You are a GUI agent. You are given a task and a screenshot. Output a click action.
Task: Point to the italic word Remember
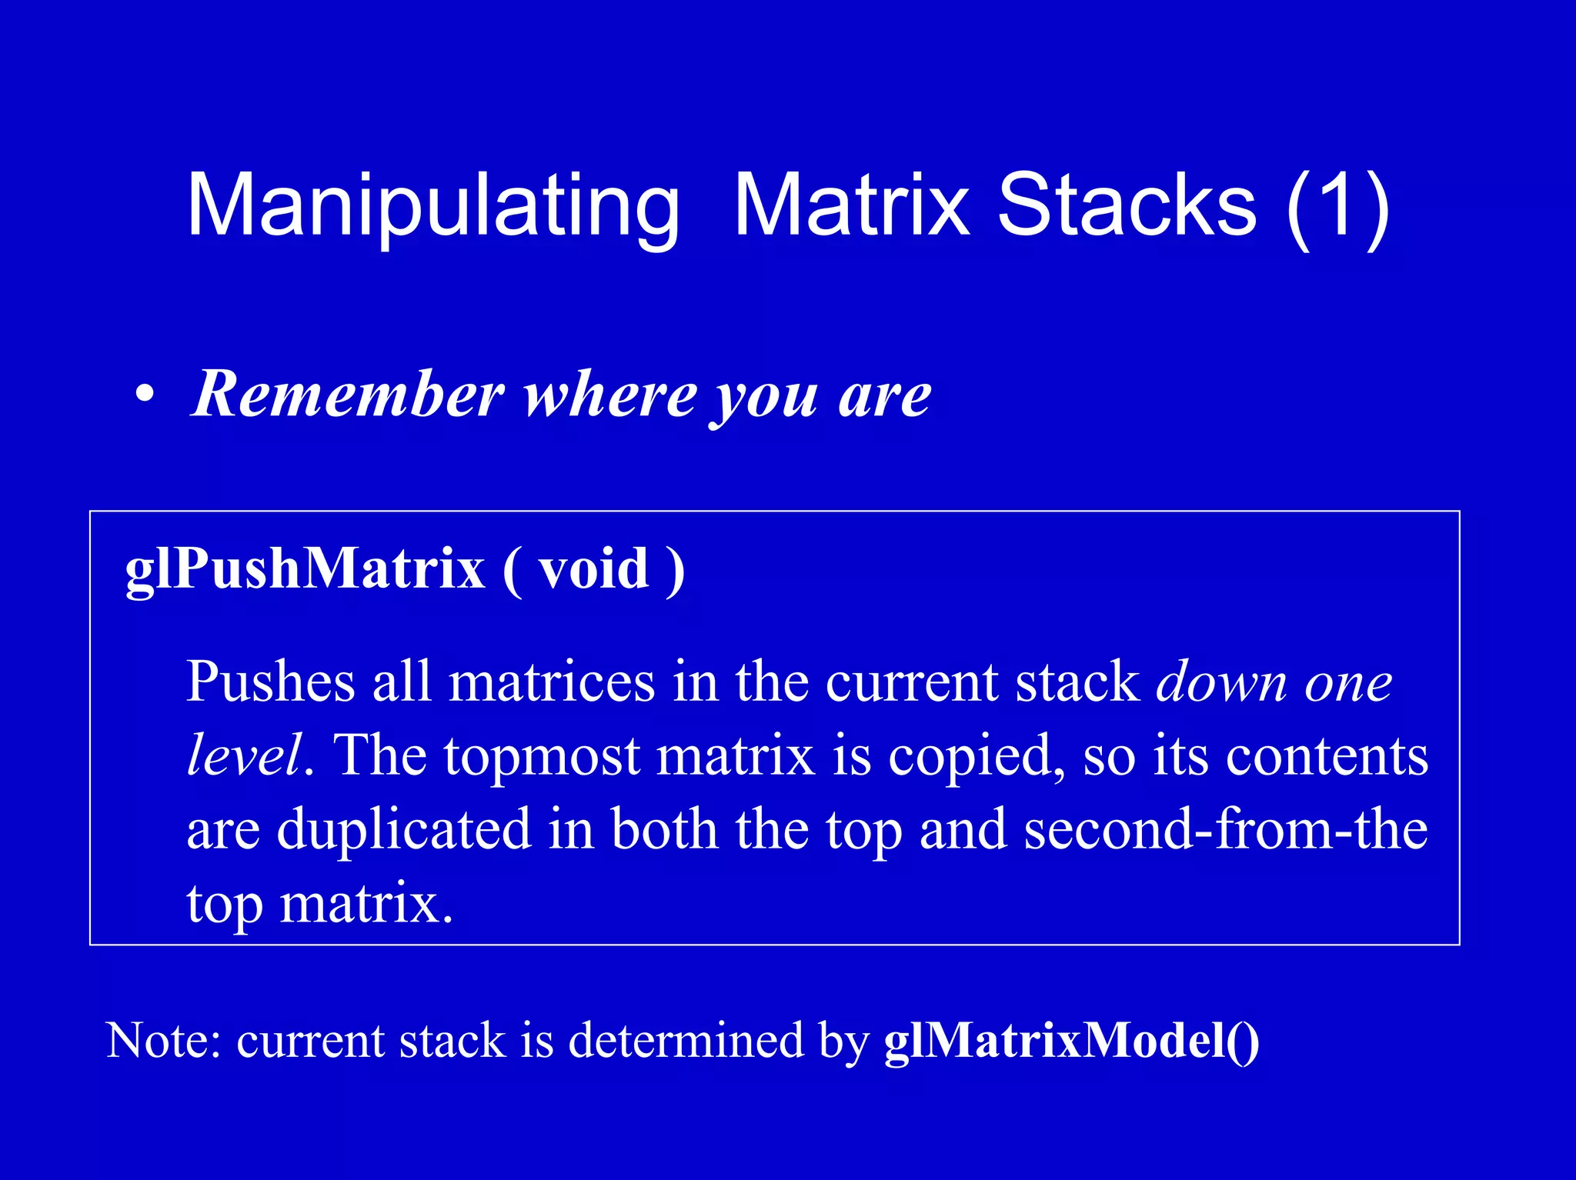point(348,394)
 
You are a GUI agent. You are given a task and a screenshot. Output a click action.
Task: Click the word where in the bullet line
point(610,395)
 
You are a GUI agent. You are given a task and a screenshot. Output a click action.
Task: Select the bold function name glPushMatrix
point(305,569)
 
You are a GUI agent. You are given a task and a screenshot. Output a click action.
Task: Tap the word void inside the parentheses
point(593,569)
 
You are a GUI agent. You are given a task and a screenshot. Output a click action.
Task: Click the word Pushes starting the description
point(270,682)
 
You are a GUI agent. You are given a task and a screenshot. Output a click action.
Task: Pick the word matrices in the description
point(552,682)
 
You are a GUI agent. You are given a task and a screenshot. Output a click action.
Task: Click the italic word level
point(243,755)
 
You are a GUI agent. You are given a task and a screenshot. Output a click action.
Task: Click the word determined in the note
point(686,1041)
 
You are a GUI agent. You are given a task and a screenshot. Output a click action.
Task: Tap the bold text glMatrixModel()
point(1071,1041)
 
